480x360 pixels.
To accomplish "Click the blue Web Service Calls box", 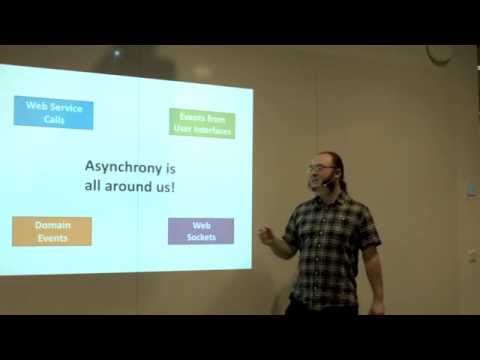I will (x=54, y=112).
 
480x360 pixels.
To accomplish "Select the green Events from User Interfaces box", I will (x=202, y=123).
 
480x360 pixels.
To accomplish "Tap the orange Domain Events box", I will (x=52, y=231).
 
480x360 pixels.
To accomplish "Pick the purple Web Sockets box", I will (x=201, y=231).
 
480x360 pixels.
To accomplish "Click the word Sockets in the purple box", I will (x=201, y=237).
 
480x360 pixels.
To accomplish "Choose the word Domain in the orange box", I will (x=52, y=225).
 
